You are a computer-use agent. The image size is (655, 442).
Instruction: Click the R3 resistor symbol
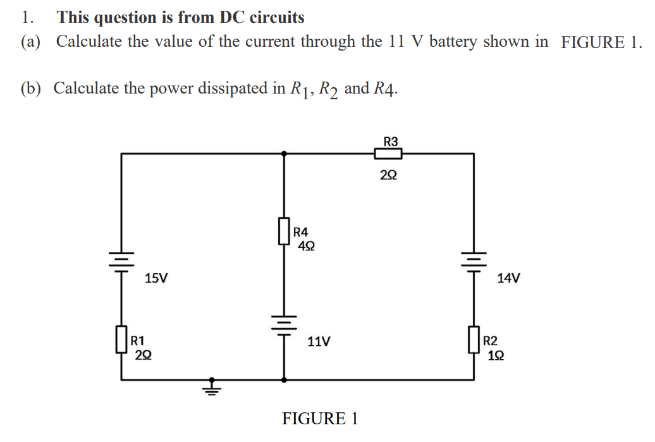coord(388,153)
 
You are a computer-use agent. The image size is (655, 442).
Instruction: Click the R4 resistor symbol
coord(283,232)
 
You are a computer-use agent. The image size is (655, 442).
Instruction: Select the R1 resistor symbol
coord(121,340)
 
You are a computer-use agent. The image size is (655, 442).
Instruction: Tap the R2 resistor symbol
coord(474,340)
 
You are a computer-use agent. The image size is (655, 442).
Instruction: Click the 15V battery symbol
coord(121,260)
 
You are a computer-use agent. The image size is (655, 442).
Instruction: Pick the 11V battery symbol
coord(283,323)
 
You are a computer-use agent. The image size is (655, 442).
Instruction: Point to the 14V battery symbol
coord(474,259)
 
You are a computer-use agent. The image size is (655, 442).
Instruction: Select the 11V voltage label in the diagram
coord(319,342)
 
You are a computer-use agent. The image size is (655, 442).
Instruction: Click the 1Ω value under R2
coord(496,356)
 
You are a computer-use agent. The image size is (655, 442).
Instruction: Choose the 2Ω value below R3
coord(389,175)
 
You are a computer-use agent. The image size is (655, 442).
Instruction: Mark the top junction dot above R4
coord(283,153)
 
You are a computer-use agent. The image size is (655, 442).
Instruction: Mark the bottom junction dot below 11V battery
coord(283,380)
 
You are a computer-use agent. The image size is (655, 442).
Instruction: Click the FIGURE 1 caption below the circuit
coord(320,419)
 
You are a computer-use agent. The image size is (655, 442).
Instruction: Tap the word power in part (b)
coord(171,88)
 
